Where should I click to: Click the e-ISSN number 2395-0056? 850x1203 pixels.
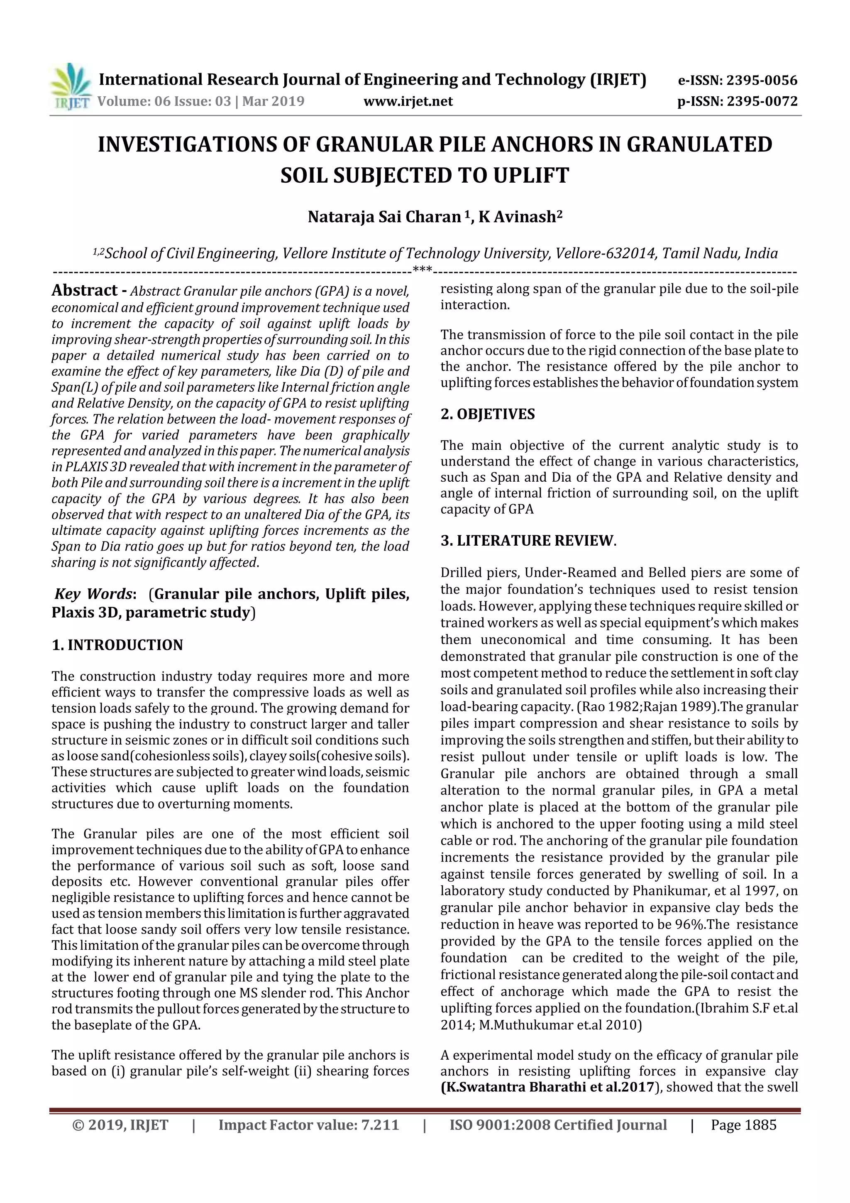762,81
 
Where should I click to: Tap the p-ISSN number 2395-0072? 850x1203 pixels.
762,101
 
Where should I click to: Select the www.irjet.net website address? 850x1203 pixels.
408,101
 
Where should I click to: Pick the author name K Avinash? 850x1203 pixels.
520,217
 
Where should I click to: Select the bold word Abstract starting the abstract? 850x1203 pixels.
84,290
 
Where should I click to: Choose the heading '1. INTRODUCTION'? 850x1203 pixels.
117,645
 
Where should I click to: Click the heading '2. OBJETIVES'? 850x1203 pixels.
488,414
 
